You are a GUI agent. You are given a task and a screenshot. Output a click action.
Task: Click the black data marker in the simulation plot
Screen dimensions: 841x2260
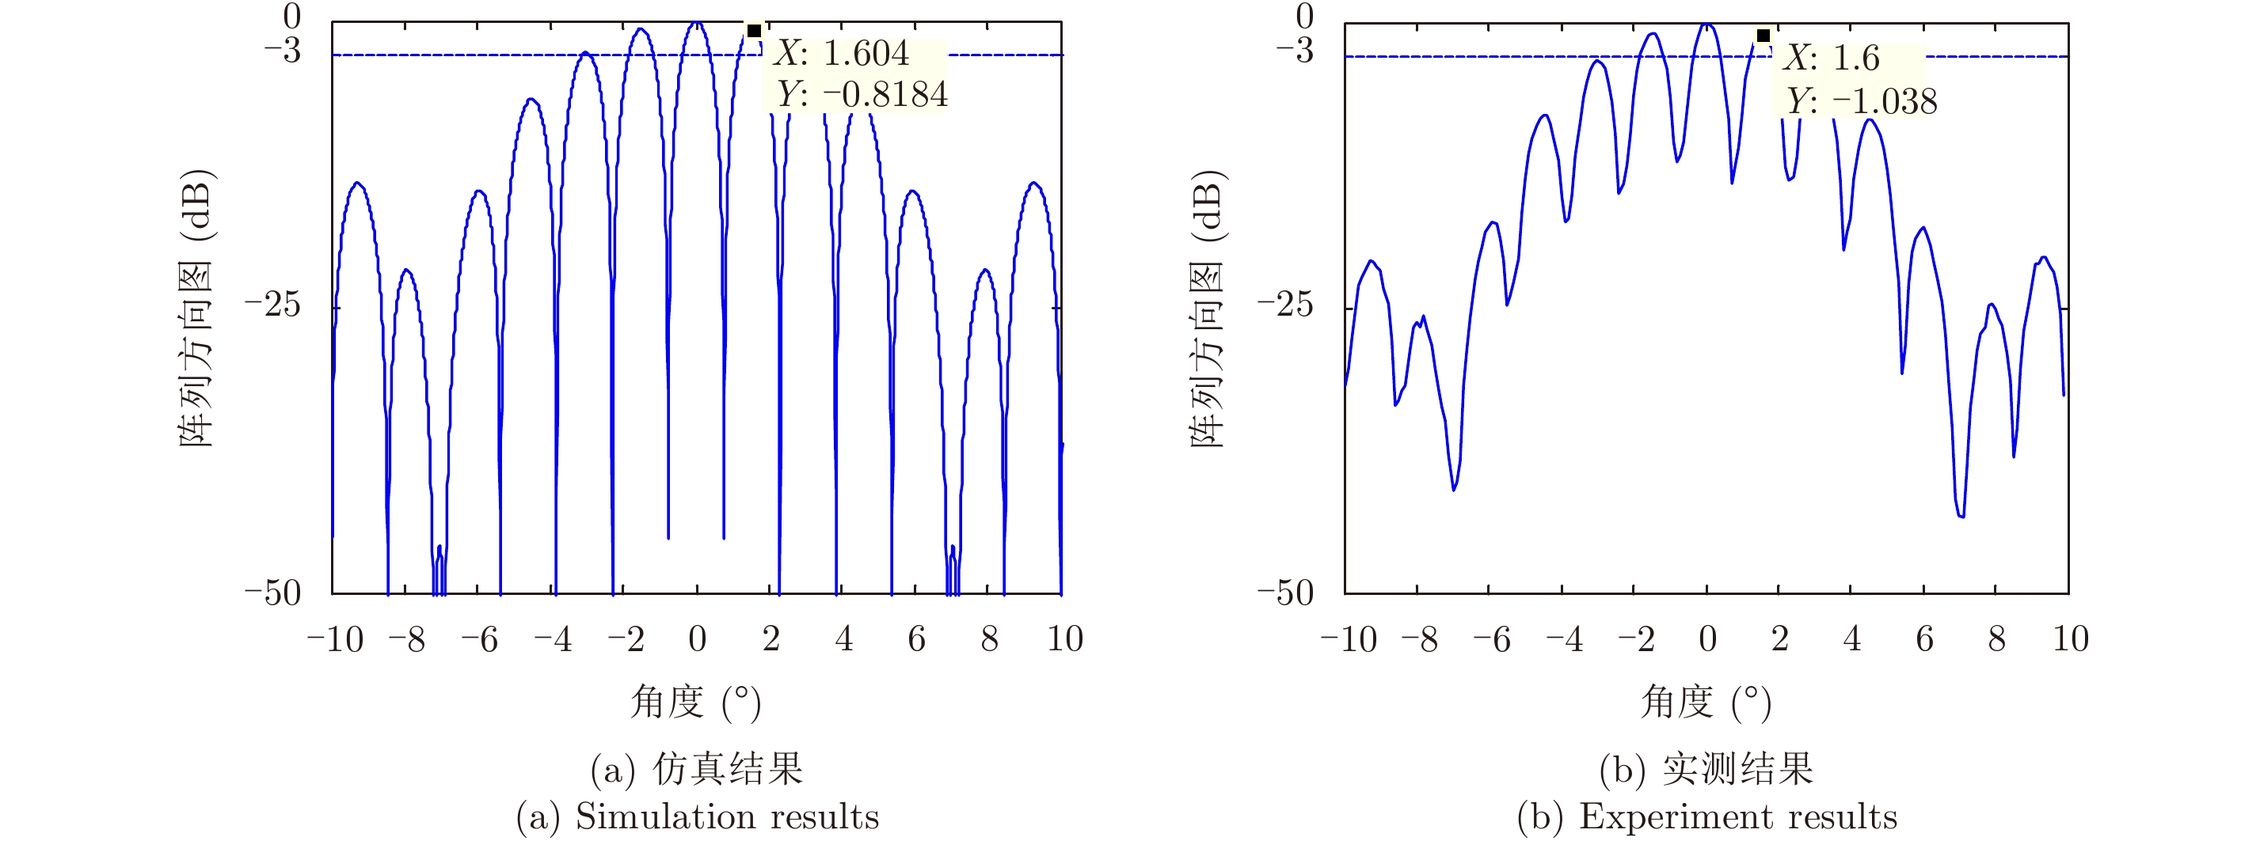click(x=754, y=31)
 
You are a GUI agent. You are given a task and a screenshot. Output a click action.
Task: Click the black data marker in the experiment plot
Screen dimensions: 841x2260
click(x=1763, y=36)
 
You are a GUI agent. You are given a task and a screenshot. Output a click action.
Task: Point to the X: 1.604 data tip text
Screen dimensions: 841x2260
click(x=841, y=54)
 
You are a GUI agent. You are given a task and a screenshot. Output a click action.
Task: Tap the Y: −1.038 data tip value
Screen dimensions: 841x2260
click(x=1861, y=100)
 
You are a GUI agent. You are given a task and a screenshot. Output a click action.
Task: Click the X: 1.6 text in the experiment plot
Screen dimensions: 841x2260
click(x=1831, y=58)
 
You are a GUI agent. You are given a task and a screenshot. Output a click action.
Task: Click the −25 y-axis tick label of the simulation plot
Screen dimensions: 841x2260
click(x=273, y=305)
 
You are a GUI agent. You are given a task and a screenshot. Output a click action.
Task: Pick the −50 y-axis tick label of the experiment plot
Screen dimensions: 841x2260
click(x=1285, y=593)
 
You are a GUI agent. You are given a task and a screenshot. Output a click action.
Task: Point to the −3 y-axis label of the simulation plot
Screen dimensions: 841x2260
click(x=283, y=50)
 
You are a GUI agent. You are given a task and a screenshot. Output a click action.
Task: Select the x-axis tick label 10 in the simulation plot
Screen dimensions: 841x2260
click(x=1065, y=639)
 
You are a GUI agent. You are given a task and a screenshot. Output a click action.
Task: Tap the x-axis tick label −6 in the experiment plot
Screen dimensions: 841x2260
click(x=1490, y=639)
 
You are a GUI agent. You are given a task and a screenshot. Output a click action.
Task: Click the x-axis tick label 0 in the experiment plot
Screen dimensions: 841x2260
click(x=1707, y=639)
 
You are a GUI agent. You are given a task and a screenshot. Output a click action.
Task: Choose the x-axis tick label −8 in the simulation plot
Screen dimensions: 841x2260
click(x=406, y=639)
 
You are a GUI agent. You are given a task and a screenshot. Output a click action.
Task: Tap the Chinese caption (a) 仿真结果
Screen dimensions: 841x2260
click(x=697, y=769)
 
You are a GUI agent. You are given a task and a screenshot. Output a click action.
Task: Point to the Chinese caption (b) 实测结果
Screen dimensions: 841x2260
click(x=1706, y=769)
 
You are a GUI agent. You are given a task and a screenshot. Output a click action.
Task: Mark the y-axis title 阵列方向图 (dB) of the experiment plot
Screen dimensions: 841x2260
click(x=1208, y=307)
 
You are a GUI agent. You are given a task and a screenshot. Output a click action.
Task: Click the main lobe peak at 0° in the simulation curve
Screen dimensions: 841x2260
click(x=698, y=23)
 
